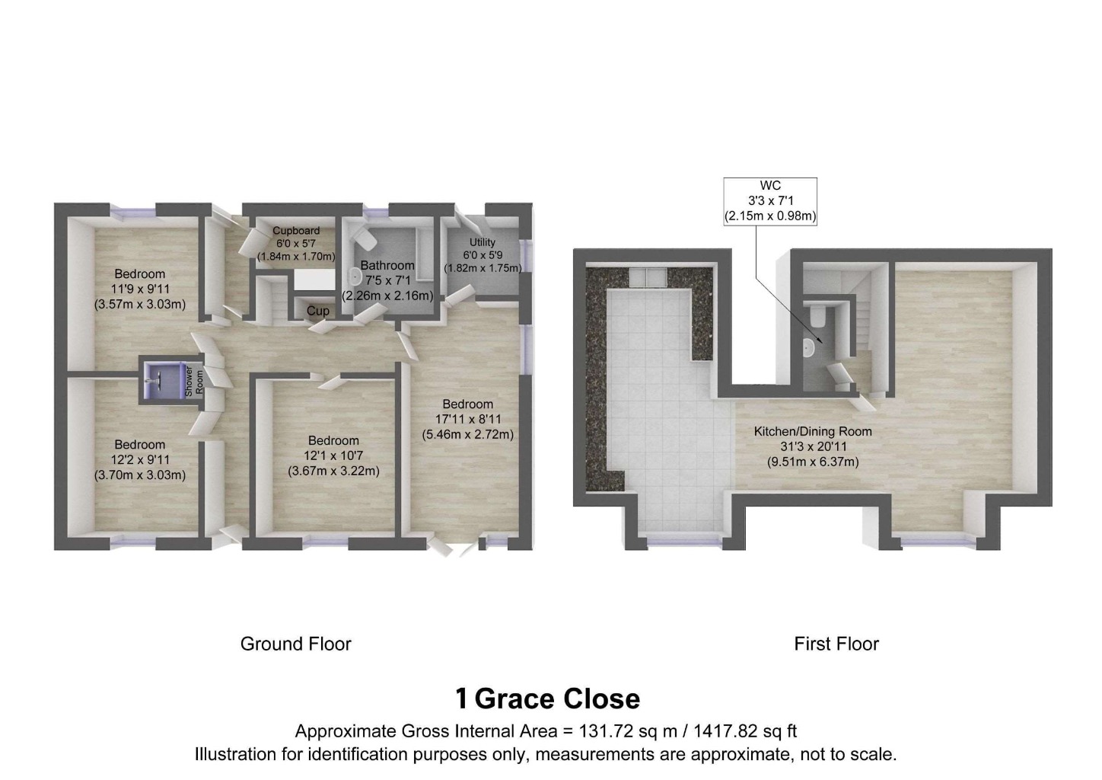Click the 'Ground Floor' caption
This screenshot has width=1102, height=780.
point(295,644)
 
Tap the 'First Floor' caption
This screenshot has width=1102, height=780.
point(836,644)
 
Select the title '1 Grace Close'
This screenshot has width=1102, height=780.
point(547,698)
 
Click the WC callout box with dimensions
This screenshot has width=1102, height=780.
point(770,201)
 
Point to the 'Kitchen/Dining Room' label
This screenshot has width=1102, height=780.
point(812,431)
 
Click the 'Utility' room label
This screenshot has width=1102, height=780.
point(483,242)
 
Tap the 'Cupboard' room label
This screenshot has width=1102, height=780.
point(296,230)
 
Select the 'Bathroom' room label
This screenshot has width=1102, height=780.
point(387,265)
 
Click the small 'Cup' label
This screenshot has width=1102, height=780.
point(318,311)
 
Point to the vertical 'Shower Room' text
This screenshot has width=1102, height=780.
point(194,380)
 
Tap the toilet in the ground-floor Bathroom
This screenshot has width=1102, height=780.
point(366,240)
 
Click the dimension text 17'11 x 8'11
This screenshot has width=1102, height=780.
point(468,419)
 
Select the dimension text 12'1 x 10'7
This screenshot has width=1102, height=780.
point(333,456)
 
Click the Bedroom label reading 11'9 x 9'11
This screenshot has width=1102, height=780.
point(139,289)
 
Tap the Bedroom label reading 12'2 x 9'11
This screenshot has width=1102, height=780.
point(139,459)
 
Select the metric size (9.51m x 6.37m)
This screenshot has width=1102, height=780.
point(812,462)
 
